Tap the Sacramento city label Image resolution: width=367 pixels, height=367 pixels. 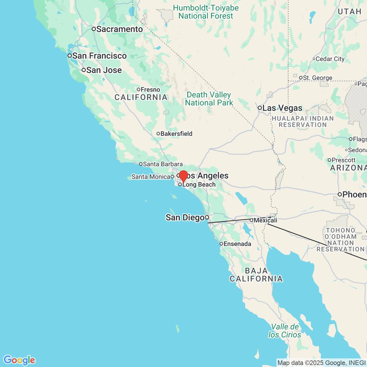click(119, 29)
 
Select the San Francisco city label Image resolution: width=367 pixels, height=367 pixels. click(99, 56)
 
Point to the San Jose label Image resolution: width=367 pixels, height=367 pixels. click(104, 70)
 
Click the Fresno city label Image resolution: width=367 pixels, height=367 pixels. click(150, 90)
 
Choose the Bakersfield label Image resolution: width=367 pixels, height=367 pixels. click(176, 134)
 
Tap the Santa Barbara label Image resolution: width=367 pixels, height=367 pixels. click(163, 164)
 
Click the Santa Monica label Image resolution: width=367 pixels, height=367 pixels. click(150, 177)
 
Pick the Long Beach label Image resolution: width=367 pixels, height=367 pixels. click(199, 185)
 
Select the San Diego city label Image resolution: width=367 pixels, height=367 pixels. click(185, 218)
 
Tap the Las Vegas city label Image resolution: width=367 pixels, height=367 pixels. click(282, 108)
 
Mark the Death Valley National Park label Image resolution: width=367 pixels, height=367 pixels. click(209, 99)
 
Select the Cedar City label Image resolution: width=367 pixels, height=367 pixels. click(330, 59)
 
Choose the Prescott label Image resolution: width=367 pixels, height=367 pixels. click(344, 160)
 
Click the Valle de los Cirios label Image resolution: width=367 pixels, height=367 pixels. click(285, 331)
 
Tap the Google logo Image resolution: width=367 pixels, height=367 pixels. click(19, 360)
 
